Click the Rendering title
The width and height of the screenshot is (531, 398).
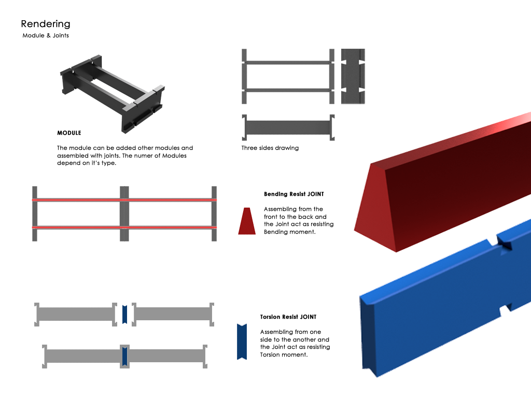point(46,24)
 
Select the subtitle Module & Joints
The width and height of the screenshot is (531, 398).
point(46,36)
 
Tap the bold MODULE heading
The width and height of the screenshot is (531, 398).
point(69,133)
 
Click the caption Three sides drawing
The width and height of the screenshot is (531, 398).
point(270,148)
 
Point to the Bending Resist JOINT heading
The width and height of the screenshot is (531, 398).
point(294,194)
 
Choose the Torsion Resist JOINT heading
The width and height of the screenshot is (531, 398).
point(288,317)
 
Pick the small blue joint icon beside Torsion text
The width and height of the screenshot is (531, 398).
point(241,342)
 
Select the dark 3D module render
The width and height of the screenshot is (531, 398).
point(111,93)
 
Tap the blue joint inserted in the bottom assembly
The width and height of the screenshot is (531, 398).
point(124,356)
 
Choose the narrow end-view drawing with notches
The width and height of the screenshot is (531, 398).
point(353,76)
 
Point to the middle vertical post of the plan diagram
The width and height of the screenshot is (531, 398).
point(124,214)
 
